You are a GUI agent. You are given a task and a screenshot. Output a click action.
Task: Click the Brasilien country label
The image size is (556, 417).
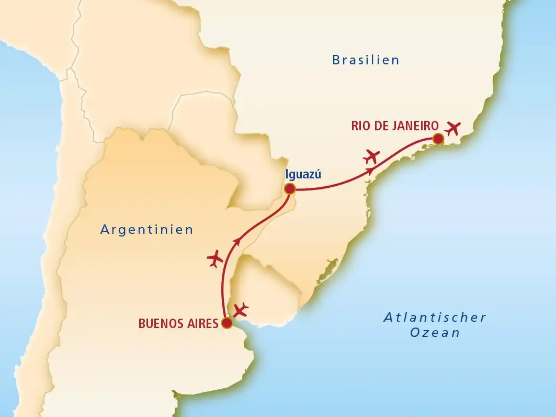(x=366, y=60)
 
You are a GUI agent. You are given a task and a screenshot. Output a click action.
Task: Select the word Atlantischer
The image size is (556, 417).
(x=435, y=317)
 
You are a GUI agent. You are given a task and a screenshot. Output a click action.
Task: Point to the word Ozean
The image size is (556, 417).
(x=435, y=333)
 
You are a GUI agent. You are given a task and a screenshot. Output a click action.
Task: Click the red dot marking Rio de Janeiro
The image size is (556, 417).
(x=438, y=139)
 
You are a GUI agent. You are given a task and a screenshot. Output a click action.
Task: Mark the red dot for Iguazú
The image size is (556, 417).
(x=289, y=189)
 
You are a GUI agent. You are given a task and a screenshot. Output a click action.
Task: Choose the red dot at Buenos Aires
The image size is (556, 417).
(x=226, y=323)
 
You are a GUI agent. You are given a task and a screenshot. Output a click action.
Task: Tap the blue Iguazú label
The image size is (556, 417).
(x=302, y=175)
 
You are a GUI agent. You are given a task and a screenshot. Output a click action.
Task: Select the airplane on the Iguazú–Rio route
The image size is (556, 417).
(x=372, y=155)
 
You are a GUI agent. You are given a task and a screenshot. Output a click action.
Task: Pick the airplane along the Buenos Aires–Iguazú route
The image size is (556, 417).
(x=215, y=259)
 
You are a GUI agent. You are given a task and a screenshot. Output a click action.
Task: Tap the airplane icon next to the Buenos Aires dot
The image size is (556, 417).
(x=241, y=309)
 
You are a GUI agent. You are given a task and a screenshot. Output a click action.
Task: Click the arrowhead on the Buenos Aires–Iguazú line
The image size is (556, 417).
(x=238, y=241)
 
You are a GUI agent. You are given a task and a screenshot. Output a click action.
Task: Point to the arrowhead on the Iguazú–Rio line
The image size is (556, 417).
(x=371, y=171)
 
